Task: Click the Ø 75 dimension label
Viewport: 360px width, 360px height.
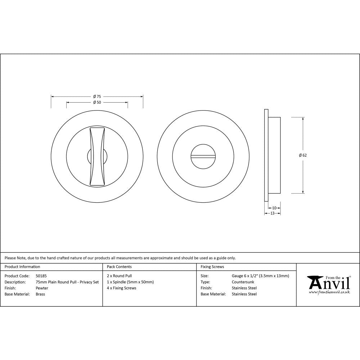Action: click(97, 96)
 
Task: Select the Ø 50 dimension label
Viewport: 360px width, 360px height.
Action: click(97, 102)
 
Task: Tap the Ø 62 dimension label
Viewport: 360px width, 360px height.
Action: click(303, 155)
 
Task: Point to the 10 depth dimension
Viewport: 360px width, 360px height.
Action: click(274, 208)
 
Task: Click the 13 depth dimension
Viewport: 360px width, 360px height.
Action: click(272, 213)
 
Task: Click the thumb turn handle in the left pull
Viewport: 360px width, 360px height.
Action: click(97, 157)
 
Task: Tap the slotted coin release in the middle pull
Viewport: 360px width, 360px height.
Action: click(203, 156)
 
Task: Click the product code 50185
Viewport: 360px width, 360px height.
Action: click(41, 276)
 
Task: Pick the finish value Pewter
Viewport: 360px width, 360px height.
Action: click(42, 288)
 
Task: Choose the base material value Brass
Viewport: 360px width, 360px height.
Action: click(40, 294)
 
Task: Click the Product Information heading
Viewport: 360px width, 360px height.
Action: click(22, 267)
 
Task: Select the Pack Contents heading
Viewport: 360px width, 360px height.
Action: click(119, 267)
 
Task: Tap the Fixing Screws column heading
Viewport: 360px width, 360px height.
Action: click(212, 267)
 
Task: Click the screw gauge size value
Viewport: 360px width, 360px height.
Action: click(260, 276)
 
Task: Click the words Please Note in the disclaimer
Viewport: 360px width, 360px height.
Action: click(15, 258)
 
